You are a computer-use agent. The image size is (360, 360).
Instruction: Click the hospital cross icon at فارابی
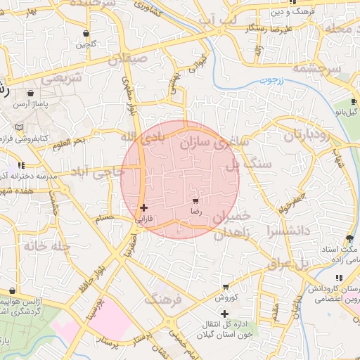click(x=144, y=207)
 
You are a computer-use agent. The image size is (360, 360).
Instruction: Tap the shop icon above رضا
click(x=195, y=201)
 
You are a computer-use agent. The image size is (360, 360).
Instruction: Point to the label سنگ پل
click(x=243, y=165)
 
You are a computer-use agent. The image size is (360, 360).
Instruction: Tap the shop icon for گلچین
click(x=86, y=33)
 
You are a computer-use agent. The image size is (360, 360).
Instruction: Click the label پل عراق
click(x=288, y=264)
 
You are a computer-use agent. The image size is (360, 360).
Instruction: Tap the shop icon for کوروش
click(x=225, y=287)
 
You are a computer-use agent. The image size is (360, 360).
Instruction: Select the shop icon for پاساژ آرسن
click(x=30, y=93)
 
